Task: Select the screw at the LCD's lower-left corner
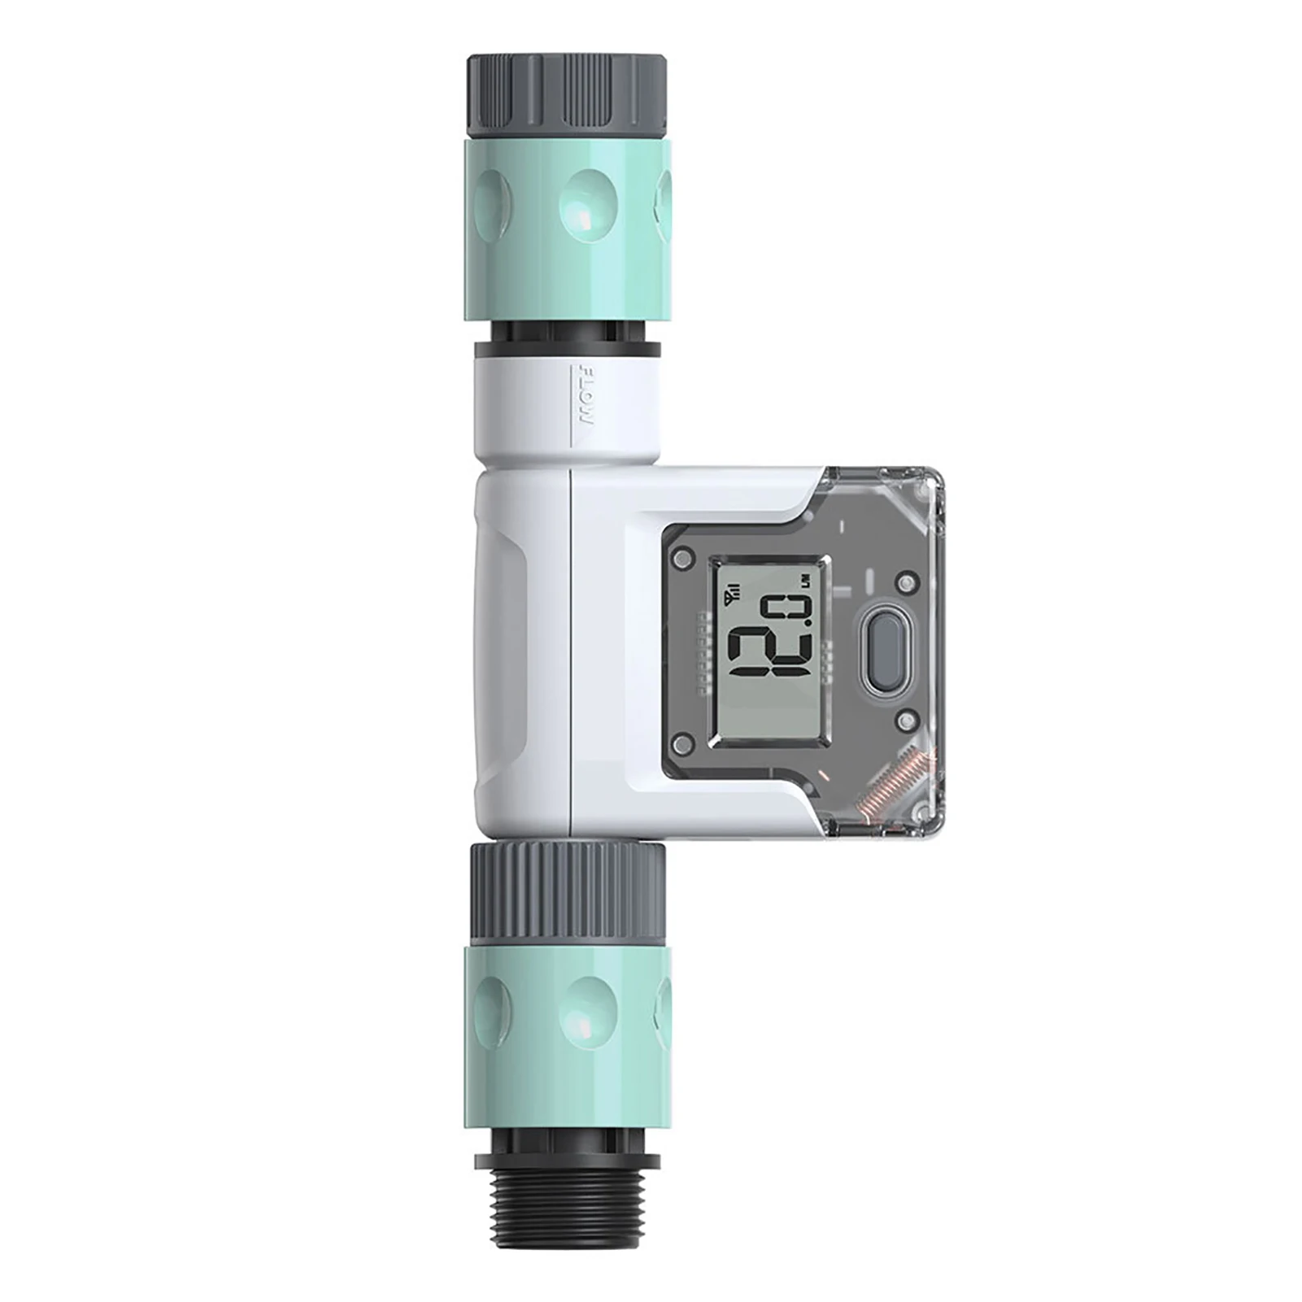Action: (x=684, y=741)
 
